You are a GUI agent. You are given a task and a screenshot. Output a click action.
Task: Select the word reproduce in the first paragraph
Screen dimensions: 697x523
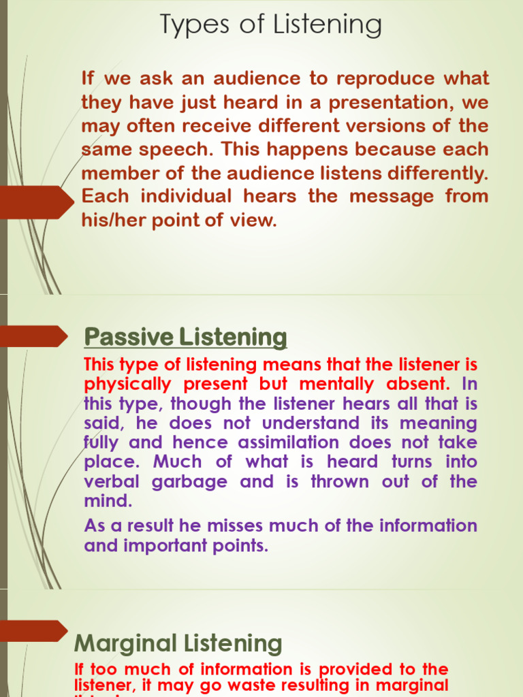click(x=386, y=78)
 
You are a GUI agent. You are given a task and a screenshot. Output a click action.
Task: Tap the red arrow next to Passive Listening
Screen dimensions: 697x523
click(x=34, y=336)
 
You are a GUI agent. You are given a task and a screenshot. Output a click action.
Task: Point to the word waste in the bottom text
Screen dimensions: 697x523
click(x=257, y=685)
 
